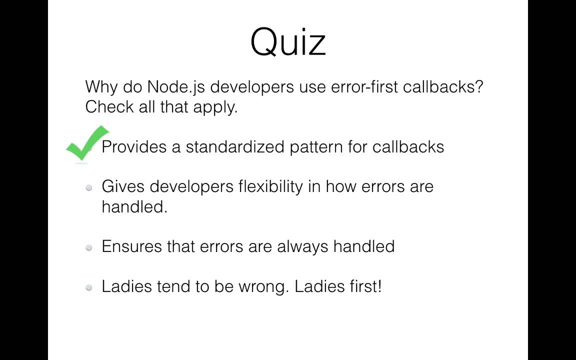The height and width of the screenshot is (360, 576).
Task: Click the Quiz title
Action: point(288,42)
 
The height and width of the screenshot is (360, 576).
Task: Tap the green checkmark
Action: point(88,143)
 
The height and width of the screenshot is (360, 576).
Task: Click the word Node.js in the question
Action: point(176,87)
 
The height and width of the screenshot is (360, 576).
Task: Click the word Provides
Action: point(134,147)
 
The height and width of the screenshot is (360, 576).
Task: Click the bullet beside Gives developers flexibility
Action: point(89,187)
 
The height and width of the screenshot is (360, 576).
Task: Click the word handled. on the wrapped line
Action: point(134,207)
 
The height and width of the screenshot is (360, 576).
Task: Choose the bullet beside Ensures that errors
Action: point(89,247)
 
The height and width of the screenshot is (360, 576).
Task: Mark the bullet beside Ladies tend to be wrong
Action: point(89,287)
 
